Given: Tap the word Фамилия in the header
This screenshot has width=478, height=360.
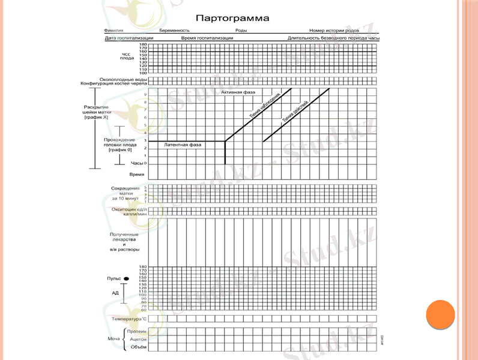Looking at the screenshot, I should coord(113,30).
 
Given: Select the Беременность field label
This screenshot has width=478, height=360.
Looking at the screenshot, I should coord(175,30).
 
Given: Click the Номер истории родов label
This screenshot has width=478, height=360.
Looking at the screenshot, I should coord(334,30).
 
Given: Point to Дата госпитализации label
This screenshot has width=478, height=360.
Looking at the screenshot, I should coord(129,38).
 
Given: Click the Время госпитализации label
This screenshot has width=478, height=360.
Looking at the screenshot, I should coord(207,38).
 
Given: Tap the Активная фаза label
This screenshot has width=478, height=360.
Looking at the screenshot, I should coord(238,92).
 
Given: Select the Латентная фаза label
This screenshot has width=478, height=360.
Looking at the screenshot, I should coord(183,145).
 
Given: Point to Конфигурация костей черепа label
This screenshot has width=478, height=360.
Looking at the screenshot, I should coord(114,83).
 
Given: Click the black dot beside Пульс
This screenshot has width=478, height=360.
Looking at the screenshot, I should coord(127,279).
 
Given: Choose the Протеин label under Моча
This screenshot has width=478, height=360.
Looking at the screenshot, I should coord(137,331).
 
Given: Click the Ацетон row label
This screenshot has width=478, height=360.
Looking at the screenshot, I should coord(138,339).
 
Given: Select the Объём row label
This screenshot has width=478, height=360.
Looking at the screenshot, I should coord(139,347).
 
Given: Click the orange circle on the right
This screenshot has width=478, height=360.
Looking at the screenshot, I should coord(440,314).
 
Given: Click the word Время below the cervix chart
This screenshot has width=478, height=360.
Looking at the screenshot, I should coord(137,174).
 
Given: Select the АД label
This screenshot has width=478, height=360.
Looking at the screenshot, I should coord(115,293).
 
